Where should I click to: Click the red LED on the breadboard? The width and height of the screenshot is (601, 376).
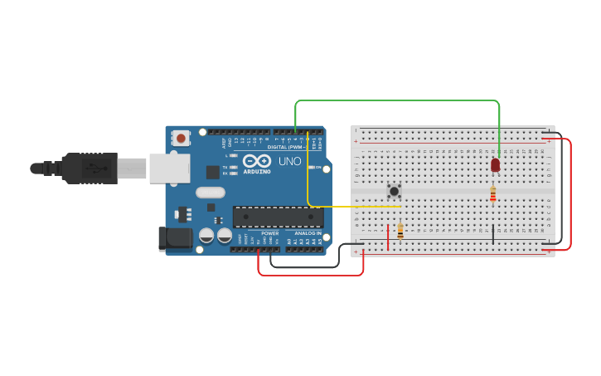pyautogui.click(x=495, y=165)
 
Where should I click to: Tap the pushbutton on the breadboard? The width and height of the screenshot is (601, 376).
pyautogui.click(x=395, y=191)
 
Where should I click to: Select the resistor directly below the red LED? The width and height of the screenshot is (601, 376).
pyautogui.click(x=493, y=194)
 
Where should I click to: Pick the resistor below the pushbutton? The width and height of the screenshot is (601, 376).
pyautogui.click(x=400, y=231)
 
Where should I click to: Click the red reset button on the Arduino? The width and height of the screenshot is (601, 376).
pyautogui.click(x=180, y=138)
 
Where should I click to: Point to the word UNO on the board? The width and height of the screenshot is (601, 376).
pyautogui.click(x=289, y=161)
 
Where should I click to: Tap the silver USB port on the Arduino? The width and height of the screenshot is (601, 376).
pyautogui.click(x=169, y=168)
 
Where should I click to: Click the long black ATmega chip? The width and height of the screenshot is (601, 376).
pyautogui.click(x=278, y=217)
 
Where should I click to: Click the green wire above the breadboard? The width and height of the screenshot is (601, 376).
pyautogui.click(x=398, y=101)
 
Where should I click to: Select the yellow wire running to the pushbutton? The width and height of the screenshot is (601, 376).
pyautogui.click(x=352, y=206)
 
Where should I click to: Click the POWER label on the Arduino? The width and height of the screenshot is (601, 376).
pyautogui.click(x=270, y=233)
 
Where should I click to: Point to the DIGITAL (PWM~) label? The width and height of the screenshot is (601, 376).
pyautogui.click(x=286, y=147)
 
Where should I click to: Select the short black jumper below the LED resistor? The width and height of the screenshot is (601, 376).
pyautogui.click(x=493, y=233)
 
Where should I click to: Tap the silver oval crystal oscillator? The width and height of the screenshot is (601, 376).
pyautogui.click(x=211, y=193)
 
